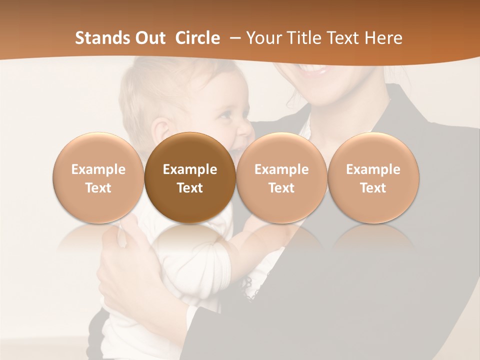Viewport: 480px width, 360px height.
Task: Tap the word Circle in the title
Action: click(197, 38)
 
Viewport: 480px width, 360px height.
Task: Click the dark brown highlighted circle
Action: click(190, 177)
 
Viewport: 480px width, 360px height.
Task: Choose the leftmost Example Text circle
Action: click(98, 177)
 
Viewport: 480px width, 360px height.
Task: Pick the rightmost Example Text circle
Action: click(373, 177)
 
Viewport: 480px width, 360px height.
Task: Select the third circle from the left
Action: click(281, 177)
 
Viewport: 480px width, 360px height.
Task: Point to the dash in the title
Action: click(233, 38)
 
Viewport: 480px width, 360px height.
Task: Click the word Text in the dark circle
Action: click(190, 188)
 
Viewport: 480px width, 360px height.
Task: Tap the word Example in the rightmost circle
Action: click(373, 169)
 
